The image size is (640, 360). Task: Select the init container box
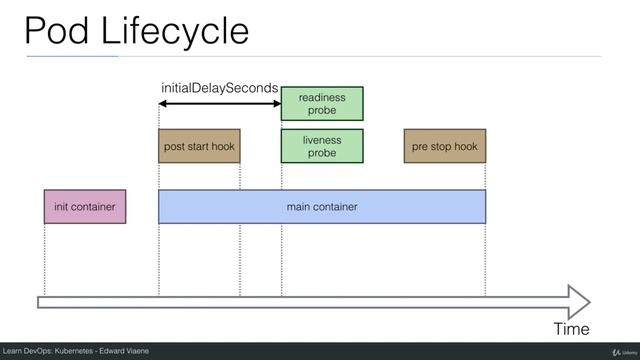pyautogui.click(x=85, y=207)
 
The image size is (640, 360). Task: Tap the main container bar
pyautogui.click(x=322, y=207)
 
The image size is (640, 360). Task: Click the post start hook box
pyautogui.click(x=199, y=146)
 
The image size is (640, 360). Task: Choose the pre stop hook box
pyautogui.click(x=445, y=146)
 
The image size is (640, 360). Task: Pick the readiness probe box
pyautogui.click(x=322, y=104)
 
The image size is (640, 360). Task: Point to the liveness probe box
pyautogui.click(x=322, y=146)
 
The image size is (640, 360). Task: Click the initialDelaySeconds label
pyautogui.click(x=219, y=89)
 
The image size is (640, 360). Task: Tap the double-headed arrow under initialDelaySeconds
pyautogui.click(x=220, y=104)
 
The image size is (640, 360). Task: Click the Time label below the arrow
pyautogui.click(x=571, y=328)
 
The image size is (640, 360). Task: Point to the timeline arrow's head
pyautogui.click(x=580, y=301)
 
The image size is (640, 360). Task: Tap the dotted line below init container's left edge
pyautogui.click(x=45, y=260)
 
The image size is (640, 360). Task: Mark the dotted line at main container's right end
pyautogui.click(x=486, y=260)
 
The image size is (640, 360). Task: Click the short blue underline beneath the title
pyautogui.click(x=72, y=57)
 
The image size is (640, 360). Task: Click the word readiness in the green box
pyautogui.click(x=322, y=97)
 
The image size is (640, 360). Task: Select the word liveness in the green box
pyautogui.click(x=322, y=140)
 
